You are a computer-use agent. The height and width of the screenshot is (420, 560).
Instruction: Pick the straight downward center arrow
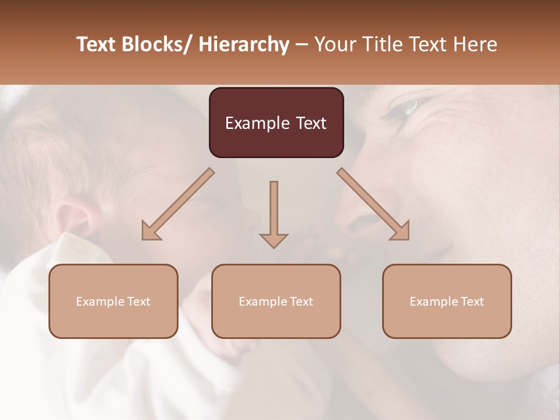click(x=274, y=216)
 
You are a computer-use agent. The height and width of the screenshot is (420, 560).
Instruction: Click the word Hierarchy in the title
click(x=243, y=44)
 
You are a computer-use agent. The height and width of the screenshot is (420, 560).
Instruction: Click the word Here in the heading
click(x=475, y=44)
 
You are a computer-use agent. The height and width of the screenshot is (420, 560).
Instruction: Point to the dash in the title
click(x=302, y=44)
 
